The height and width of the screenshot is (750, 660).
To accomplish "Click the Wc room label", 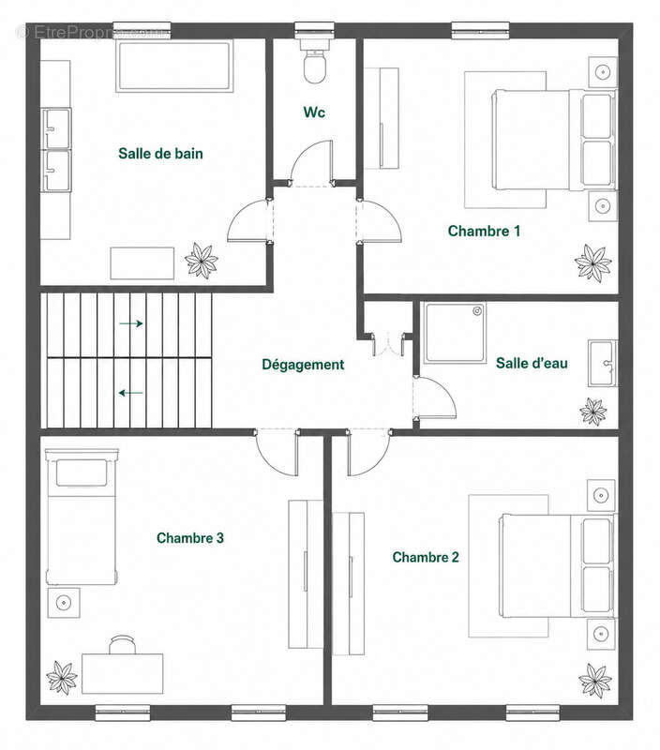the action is (x=314, y=112).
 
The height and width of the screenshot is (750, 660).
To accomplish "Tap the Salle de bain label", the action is (x=160, y=154).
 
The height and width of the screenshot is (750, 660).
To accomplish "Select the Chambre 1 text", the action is (x=484, y=231).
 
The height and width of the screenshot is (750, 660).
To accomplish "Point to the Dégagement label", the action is (x=303, y=365).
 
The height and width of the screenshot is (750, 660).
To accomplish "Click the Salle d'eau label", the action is (x=532, y=363).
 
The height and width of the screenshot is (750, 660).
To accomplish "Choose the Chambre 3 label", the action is (x=190, y=538).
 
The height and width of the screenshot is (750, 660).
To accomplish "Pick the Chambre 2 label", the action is (x=426, y=557).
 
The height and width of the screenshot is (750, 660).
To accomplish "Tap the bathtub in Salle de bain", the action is (x=174, y=66).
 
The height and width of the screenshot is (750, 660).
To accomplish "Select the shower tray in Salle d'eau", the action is (x=455, y=333).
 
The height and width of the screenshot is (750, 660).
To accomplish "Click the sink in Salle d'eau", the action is (x=603, y=364).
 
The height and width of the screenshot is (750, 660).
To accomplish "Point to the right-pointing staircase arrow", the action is (x=131, y=323).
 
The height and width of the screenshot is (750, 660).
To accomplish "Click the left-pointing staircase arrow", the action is (x=131, y=393).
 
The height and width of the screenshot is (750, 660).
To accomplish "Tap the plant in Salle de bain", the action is (x=202, y=261).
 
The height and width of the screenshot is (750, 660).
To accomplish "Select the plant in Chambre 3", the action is (x=62, y=677).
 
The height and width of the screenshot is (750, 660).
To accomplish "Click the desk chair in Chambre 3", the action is (x=123, y=644).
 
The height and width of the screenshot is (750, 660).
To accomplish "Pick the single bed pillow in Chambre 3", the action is (x=82, y=473).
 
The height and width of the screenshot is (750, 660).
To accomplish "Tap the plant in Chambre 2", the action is (x=595, y=681).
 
